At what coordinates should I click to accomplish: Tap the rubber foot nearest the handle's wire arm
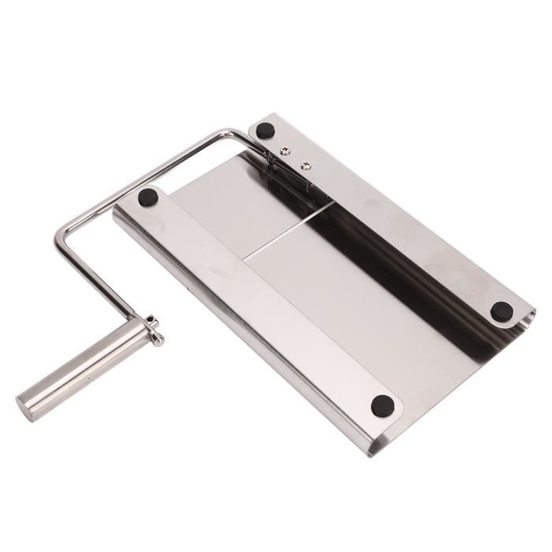tap(147, 197)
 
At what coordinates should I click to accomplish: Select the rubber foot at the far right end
tap(501, 311)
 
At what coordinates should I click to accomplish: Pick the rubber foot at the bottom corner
tap(382, 405)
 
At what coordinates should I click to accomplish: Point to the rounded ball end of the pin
tap(162, 341)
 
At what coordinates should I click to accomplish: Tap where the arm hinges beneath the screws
tap(272, 170)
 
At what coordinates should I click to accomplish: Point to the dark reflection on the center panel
tap(371, 237)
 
